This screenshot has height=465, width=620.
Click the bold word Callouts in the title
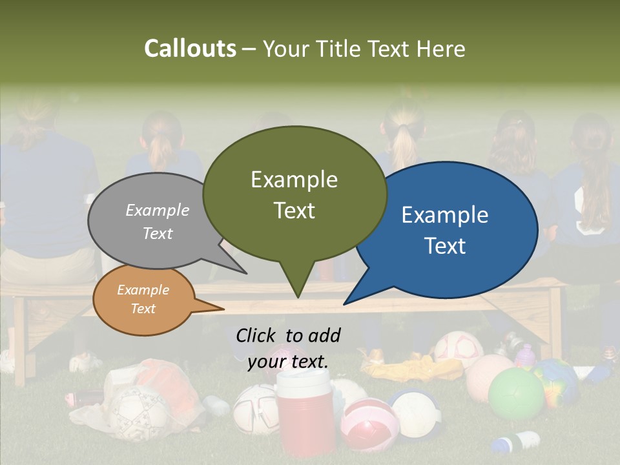click(x=190, y=48)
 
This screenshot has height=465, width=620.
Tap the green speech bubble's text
click(x=294, y=194)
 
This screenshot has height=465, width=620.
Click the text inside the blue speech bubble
click(x=445, y=230)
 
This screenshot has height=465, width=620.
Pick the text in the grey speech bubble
click(x=158, y=222)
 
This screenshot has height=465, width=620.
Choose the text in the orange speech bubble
click(x=143, y=299)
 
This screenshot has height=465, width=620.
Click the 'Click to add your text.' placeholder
click(x=288, y=348)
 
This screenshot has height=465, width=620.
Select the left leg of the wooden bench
click(x=20, y=342)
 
